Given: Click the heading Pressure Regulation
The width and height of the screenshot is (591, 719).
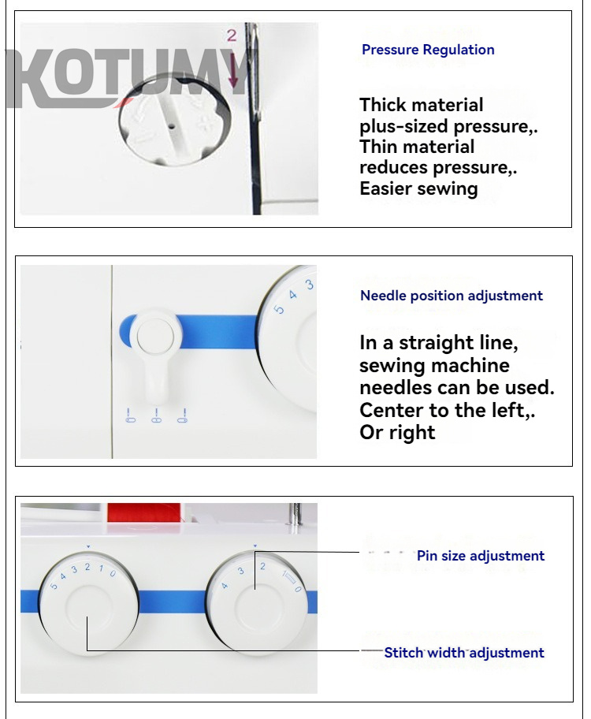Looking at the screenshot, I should pyautogui.click(x=428, y=50).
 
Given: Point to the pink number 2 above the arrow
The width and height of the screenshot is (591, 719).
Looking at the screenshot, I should pyautogui.click(x=232, y=35).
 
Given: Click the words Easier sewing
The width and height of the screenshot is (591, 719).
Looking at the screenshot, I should pyautogui.click(x=418, y=188).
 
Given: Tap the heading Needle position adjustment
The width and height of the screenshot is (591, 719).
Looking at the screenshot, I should pyautogui.click(x=451, y=296).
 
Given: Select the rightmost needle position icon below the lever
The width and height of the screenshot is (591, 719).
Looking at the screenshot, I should pyautogui.click(x=183, y=416).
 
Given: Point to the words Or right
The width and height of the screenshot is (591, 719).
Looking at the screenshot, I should pyautogui.click(x=397, y=433).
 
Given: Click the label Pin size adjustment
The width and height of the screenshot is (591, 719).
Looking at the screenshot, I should pyautogui.click(x=481, y=556).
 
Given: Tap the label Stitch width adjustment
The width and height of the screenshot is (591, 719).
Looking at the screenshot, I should pyautogui.click(x=464, y=652).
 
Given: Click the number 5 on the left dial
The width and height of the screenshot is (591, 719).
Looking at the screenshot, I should pyautogui.click(x=54, y=586).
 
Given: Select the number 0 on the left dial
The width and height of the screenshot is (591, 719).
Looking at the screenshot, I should pyautogui.click(x=113, y=573).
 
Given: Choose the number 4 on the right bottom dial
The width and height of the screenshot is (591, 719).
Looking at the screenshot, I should pyautogui.click(x=225, y=586).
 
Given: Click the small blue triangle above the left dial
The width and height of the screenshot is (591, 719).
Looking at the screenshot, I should pyautogui.click(x=89, y=546).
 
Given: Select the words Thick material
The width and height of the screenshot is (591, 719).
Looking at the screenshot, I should pyautogui.click(x=422, y=105).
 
